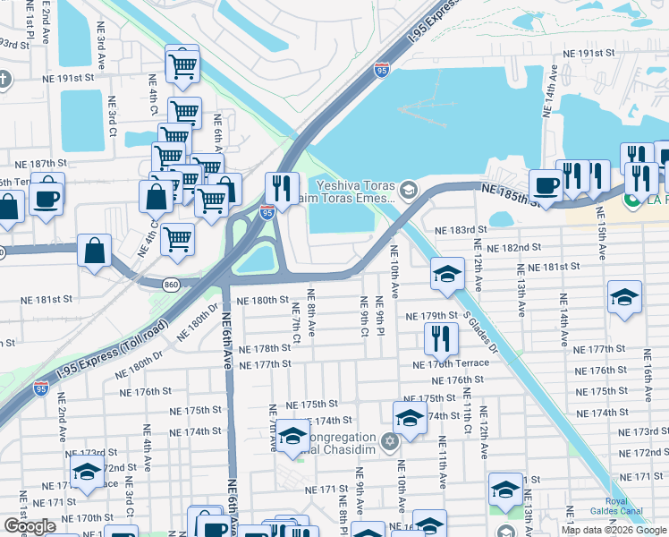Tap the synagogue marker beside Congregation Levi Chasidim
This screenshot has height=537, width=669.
(389, 441)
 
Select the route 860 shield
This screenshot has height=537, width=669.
(172, 285)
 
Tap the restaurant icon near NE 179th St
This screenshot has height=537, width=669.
(441, 337)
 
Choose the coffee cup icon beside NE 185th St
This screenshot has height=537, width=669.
(545, 184)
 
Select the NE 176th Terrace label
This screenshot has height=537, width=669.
(451, 363)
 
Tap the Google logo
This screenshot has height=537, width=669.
(30, 526)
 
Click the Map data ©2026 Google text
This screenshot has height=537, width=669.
(614, 530)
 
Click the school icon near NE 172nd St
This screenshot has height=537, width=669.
(86, 472)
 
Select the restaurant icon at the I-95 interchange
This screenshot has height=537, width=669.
(281, 188)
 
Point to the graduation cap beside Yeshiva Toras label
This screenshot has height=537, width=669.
(409, 189)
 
